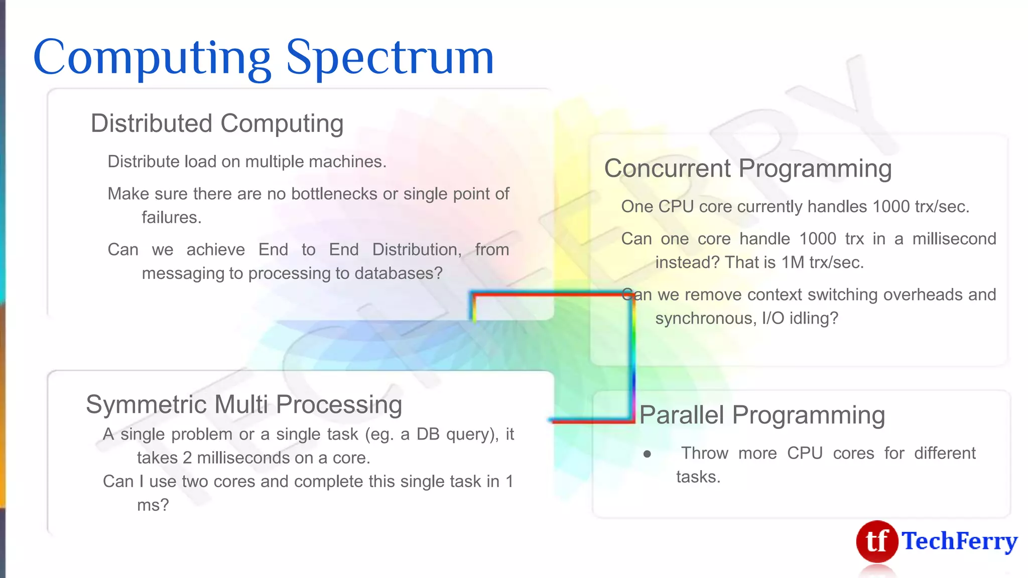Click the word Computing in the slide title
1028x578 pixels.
152,58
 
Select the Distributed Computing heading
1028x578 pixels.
217,123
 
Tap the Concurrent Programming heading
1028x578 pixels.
747,169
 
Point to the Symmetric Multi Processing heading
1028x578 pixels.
244,404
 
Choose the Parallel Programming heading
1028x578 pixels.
761,415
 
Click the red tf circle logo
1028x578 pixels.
876,541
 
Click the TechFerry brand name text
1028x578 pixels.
959,541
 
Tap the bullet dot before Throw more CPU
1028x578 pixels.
647,454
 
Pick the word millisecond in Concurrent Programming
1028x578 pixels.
954,239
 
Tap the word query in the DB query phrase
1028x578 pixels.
469,435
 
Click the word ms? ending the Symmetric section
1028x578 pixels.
153,505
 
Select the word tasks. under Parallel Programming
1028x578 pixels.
698,477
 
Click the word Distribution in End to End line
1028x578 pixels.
416,250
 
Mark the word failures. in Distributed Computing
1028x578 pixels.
171,218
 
